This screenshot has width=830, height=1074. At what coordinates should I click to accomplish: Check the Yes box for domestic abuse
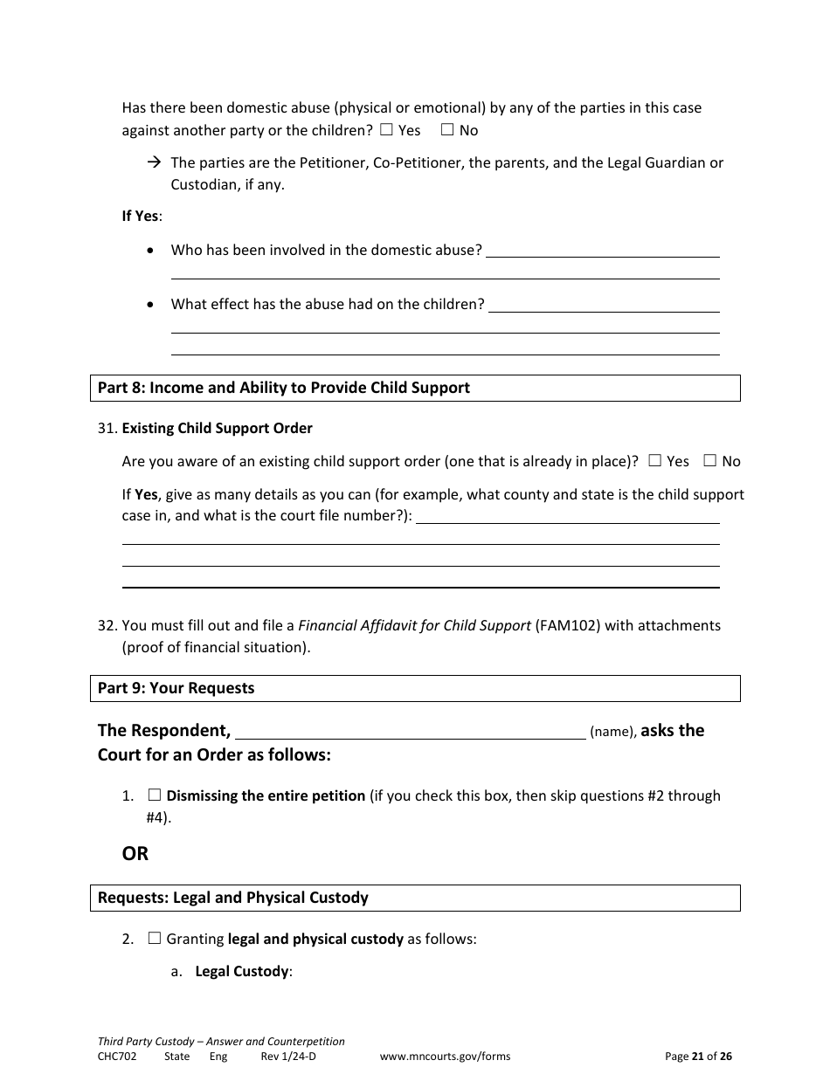pos(387,130)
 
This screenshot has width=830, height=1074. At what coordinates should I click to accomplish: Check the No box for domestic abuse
pos(447,130)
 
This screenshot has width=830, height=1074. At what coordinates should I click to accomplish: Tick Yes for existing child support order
pos(654,461)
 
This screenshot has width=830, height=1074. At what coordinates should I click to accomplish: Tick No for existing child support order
pos(710,461)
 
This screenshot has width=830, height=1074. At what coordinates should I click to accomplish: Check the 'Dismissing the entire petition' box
pos(155,795)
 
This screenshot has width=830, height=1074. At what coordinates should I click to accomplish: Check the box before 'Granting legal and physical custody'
pos(155,940)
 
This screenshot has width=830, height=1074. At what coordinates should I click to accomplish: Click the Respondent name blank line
pos(411,732)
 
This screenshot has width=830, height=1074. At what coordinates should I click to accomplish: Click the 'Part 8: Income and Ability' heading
pos(283,388)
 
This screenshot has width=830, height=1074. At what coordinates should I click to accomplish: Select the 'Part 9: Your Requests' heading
pos(176,688)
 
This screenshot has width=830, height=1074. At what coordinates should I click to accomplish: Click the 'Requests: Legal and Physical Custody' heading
pos(232,898)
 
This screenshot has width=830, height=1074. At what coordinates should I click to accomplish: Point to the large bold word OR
pos(135,854)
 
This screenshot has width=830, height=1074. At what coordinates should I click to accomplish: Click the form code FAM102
pos(567,625)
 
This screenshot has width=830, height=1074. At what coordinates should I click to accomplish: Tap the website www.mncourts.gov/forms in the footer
pos(445,1056)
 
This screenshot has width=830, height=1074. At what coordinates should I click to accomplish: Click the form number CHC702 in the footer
pos(117,1056)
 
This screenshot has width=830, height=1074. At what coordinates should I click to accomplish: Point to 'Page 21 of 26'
pos(698,1056)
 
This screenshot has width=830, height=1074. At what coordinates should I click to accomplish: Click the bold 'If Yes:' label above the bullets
pos(142,216)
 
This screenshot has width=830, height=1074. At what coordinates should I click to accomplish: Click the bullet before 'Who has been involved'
pos(153,251)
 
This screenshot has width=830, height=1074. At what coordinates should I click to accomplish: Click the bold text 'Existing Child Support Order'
pos(217,428)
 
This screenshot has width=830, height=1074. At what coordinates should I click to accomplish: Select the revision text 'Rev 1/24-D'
pos(287,1056)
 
